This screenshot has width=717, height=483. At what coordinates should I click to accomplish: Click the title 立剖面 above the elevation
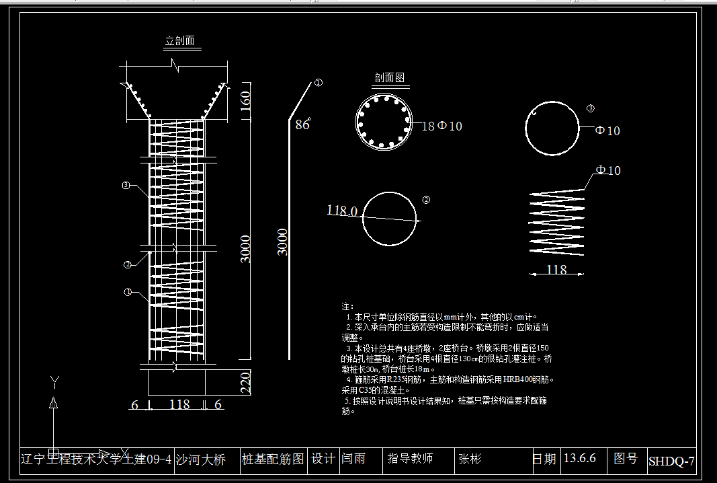[x=180, y=41]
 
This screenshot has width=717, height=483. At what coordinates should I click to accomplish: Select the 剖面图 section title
[x=390, y=78]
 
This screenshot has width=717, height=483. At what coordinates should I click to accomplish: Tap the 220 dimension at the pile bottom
[x=245, y=383]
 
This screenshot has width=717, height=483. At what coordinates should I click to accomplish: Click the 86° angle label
[x=303, y=124]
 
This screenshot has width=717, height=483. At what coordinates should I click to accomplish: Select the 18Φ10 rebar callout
[x=441, y=126]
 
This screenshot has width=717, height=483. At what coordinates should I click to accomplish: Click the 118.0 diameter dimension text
[x=342, y=211]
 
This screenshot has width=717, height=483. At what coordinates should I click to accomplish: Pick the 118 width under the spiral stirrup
[x=556, y=270]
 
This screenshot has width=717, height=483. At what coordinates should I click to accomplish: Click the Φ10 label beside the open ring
[x=607, y=131]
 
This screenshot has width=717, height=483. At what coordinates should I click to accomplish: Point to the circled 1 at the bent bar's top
[x=319, y=83]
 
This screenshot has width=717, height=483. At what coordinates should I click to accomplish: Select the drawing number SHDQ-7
[x=671, y=461]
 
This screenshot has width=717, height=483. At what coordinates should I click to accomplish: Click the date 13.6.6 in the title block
[x=579, y=459]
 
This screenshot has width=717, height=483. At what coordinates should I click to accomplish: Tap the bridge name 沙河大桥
[x=200, y=460]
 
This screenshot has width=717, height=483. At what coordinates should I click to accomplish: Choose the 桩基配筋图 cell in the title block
[x=273, y=459]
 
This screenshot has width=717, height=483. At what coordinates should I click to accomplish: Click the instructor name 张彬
[x=470, y=459]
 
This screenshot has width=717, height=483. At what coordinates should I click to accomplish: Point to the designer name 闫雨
[x=353, y=459]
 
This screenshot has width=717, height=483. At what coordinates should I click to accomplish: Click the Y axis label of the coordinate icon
[x=54, y=382]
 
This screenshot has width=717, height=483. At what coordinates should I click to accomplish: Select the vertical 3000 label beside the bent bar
[x=283, y=242]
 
